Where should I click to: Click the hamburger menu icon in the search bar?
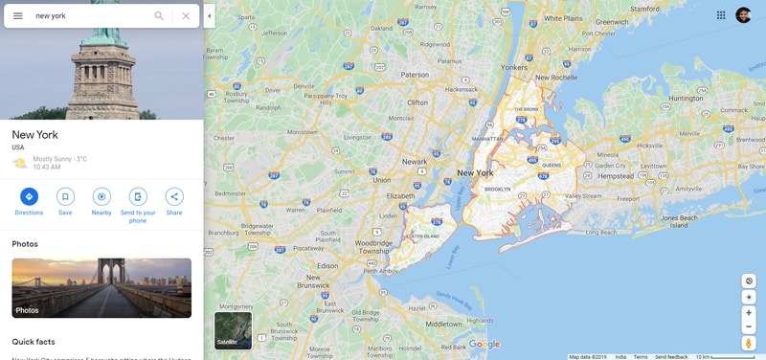point(17,15)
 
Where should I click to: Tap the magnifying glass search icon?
point(159,15)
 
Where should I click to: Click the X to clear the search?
point(186,15)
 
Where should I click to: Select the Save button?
point(65,196)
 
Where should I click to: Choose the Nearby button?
point(101,196)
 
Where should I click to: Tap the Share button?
point(174,196)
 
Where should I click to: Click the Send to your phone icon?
point(138,196)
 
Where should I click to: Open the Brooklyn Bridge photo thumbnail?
point(101,287)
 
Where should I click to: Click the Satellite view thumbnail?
point(233,330)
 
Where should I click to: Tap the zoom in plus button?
point(749,312)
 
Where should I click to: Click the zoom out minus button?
point(749,326)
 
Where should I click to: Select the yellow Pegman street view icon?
point(749,343)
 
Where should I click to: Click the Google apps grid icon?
point(721,14)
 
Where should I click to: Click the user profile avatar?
point(743,14)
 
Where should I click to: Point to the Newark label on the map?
point(415,162)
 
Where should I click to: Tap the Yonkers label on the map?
point(515,68)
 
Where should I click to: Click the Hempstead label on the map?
point(617,176)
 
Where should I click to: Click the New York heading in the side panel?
point(34,135)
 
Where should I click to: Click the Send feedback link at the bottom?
point(671,356)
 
